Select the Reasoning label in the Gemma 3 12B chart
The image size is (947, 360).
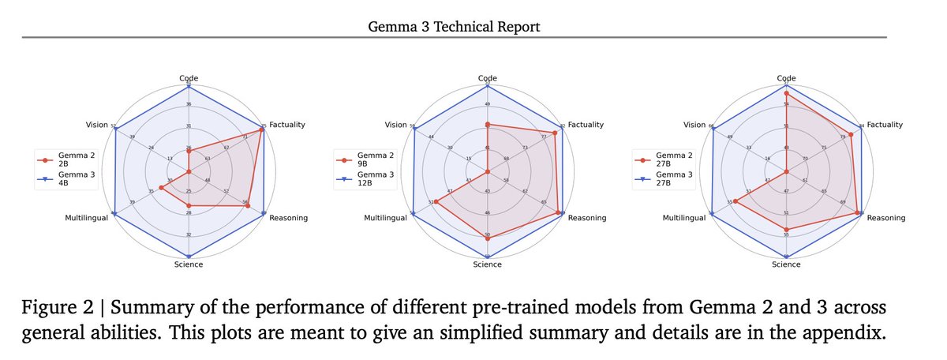pyautogui.click(x=587, y=218)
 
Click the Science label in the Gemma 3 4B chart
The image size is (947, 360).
pyautogui.click(x=189, y=264)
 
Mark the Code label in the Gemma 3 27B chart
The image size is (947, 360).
pyautogui.click(x=786, y=78)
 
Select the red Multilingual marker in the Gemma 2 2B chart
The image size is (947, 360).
pyautogui.click(x=161, y=188)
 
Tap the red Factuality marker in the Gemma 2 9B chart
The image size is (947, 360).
pyautogui.click(x=554, y=133)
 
